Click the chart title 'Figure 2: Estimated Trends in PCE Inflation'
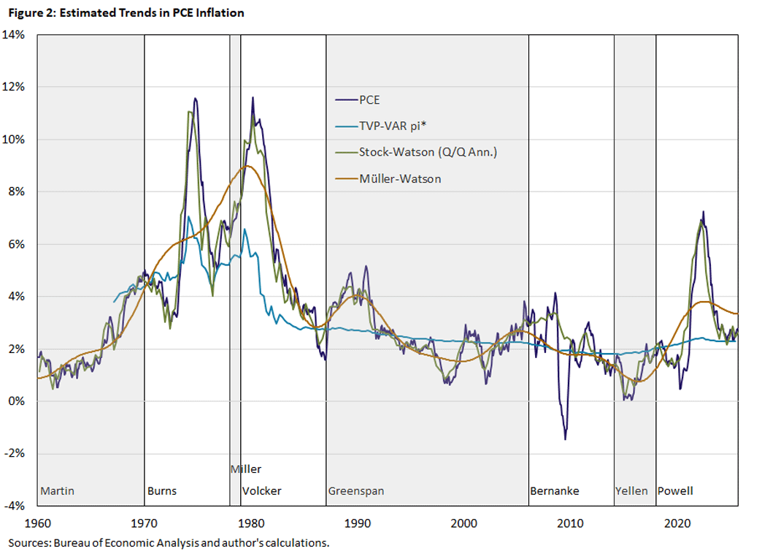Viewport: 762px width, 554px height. tap(125, 12)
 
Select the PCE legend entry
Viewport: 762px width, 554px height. tap(369, 100)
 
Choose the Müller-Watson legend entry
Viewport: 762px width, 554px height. tap(399, 178)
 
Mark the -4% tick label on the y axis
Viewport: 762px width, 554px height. tap(16, 506)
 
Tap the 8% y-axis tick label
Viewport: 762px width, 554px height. tap(18, 191)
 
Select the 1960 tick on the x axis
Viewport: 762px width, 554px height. tap(37, 523)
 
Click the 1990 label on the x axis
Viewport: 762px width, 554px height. tap(358, 523)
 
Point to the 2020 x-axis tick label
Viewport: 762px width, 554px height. tap(678, 523)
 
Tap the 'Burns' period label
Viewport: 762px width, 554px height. tap(162, 491)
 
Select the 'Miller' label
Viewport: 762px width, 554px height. tap(245, 469)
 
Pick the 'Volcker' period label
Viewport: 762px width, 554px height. tap(261, 491)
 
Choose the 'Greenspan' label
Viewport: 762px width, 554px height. tap(356, 491)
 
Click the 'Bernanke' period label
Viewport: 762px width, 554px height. tap(555, 491)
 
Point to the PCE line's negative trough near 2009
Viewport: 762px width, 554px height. tap(565, 439)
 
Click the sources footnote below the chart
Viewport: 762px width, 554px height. tap(169, 543)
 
